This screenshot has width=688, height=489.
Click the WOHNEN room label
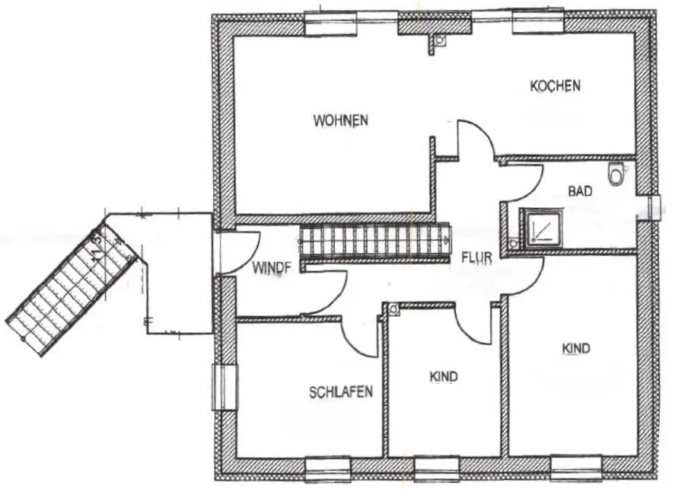[x=340, y=120]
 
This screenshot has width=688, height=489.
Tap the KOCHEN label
[x=555, y=86]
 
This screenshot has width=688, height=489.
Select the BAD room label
[x=580, y=191]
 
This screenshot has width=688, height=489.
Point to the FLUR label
[x=476, y=257]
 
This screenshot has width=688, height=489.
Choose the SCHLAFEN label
[x=341, y=392]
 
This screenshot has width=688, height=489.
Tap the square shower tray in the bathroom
[x=541, y=228]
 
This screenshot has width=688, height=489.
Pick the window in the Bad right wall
[x=654, y=208]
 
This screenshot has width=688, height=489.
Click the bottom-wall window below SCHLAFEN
[x=328, y=468]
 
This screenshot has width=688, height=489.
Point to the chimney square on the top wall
[x=438, y=43]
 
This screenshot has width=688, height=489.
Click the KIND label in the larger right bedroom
[x=576, y=349]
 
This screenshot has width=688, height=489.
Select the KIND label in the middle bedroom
[x=444, y=376]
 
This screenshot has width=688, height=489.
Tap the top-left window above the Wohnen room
[x=330, y=24]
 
